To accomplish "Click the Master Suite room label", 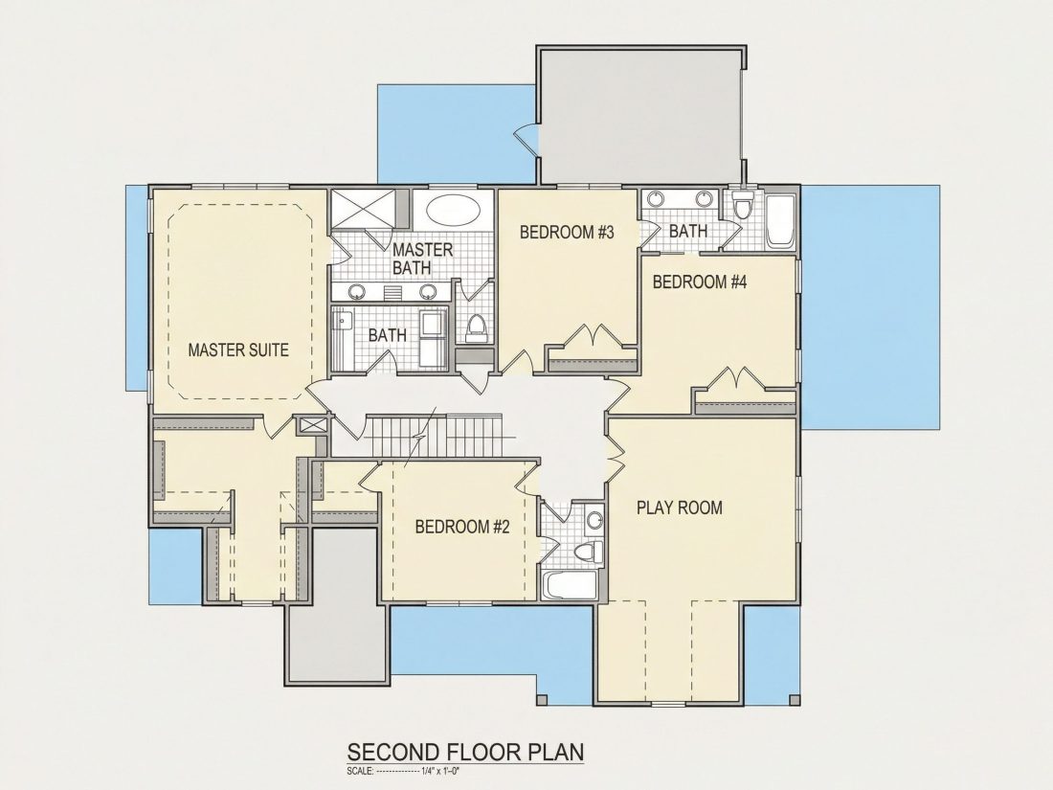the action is [238, 350].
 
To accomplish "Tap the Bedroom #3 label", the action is [568, 233].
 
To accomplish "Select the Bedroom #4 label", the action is [700, 282].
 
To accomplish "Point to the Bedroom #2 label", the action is [462, 526].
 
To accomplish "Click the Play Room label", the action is [680, 508].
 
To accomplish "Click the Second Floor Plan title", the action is [464, 752].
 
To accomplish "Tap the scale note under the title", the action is [403, 771].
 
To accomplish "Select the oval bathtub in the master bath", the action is [455, 210].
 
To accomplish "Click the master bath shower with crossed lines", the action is [364, 211].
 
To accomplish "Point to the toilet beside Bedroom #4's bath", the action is [741, 205].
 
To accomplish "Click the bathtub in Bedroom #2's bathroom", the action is [570, 586].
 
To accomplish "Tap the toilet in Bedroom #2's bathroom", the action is [590, 552].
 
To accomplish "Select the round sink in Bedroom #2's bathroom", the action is [594, 519].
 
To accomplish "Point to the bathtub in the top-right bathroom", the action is [781, 221].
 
